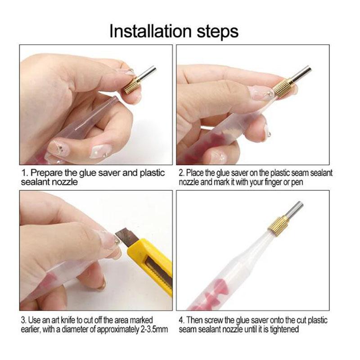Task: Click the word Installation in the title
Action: point(150,31)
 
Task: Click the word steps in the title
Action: point(217,32)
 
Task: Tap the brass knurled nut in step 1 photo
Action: point(132,85)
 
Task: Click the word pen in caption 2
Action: point(297,183)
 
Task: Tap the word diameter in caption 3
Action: point(75,329)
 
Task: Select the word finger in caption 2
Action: point(274,182)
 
